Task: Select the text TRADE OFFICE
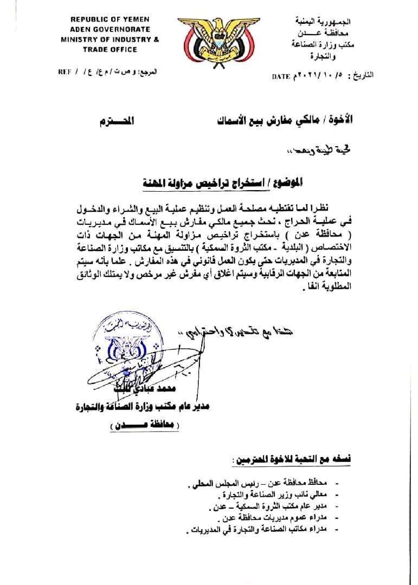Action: click(x=102, y=49)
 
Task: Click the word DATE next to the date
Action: click(x=280, y=77)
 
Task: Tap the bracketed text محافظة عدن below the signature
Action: click(x=142, y=426)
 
